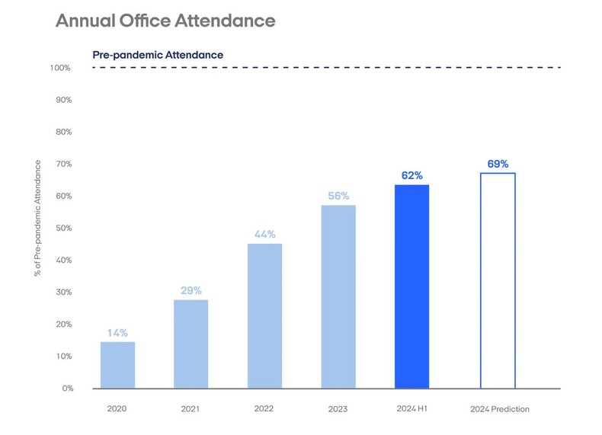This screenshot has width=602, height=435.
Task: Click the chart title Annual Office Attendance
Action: [165, 21]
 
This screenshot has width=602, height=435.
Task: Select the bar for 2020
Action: [117, 365]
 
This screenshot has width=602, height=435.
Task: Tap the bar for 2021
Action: [191, 344]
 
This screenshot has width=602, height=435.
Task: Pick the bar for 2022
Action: [264, 316]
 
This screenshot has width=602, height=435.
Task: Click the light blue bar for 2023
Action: [338, 297]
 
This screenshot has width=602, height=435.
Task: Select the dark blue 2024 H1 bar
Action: [411, 286]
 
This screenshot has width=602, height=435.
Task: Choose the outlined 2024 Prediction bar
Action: [498, 281]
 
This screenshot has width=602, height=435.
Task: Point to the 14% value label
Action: [117, 333]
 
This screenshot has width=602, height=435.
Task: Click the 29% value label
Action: [191, 290]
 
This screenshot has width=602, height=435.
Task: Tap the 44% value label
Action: [264, 235]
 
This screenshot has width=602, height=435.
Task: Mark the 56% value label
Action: [338, 196]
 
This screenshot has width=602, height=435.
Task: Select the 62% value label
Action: [411, 175]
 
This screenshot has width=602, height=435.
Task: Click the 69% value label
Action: [498, 164]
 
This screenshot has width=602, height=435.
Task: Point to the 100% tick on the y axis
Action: [60, 68]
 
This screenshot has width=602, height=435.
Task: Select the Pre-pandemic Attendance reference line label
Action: [158, 55]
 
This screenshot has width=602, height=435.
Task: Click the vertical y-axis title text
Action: [37, 218]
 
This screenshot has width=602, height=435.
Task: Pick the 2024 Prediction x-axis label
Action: [499, 409]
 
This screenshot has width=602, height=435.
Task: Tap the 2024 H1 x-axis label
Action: [411, 409]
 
